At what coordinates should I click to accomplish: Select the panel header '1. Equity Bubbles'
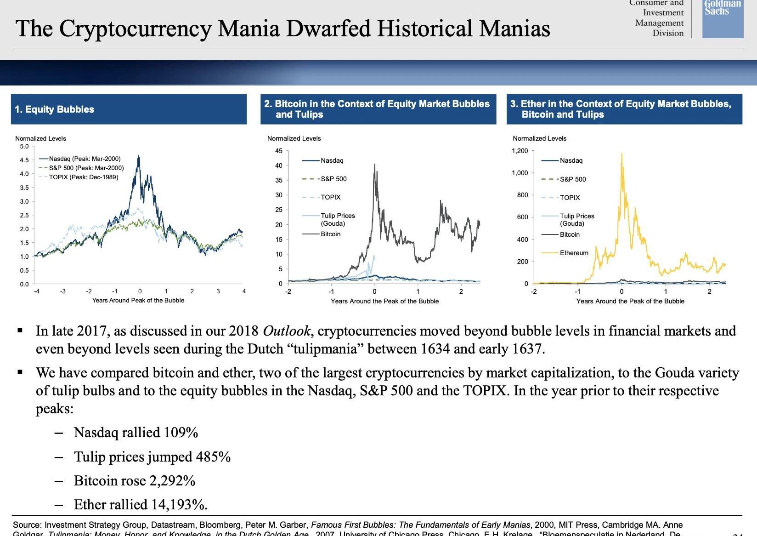pos(55,109)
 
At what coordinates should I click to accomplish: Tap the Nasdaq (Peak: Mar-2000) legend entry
pos(85,159)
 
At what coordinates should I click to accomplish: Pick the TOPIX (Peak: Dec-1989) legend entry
pos(83,177)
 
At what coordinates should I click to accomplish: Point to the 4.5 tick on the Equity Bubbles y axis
pos(24,160)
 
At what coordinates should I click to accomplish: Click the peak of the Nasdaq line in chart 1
pos(139,157)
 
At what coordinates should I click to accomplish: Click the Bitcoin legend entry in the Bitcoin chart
pos(330,234)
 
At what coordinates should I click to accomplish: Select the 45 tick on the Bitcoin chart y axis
pos(279,151)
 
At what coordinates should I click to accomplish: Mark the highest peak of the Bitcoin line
pos(375,164)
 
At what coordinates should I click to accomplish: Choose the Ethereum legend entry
pos(574,253)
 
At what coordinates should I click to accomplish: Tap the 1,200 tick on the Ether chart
pos(520,151)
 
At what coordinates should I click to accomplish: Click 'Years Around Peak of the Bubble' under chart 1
pos(138,300)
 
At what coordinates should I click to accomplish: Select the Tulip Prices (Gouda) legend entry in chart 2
pos(338,219)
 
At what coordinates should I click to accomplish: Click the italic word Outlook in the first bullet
pos(287,331)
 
